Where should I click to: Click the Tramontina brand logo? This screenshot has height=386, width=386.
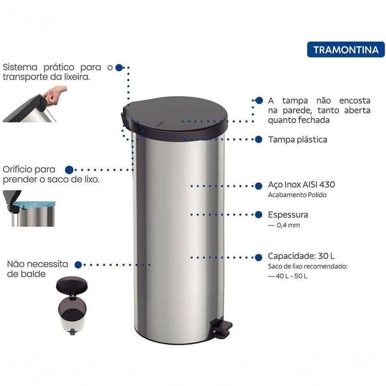click(345, 50)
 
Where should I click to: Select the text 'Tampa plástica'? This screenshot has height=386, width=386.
click(298, 140)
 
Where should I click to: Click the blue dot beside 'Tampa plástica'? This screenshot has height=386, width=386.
click(259, 139)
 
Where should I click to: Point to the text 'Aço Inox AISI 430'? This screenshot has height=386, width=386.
click(302, 185)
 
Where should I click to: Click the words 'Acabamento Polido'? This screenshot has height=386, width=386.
click(297, 195)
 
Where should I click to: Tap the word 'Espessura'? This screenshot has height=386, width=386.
click(288, 215)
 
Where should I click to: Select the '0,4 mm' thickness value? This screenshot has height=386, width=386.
click(288, 225)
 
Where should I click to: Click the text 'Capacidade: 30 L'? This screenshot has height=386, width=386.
click(301, 256)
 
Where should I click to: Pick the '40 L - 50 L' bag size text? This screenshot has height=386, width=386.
click(291, 276)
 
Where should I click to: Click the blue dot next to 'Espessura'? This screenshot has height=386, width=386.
click(259, 215)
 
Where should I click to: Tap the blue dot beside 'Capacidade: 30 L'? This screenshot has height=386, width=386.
click(259, 258)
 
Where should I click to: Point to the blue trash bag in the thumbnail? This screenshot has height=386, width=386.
click(34, 204)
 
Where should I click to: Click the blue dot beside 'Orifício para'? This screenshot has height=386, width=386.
click(69, 170)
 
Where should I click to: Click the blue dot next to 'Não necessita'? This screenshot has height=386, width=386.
click(78, 265)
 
